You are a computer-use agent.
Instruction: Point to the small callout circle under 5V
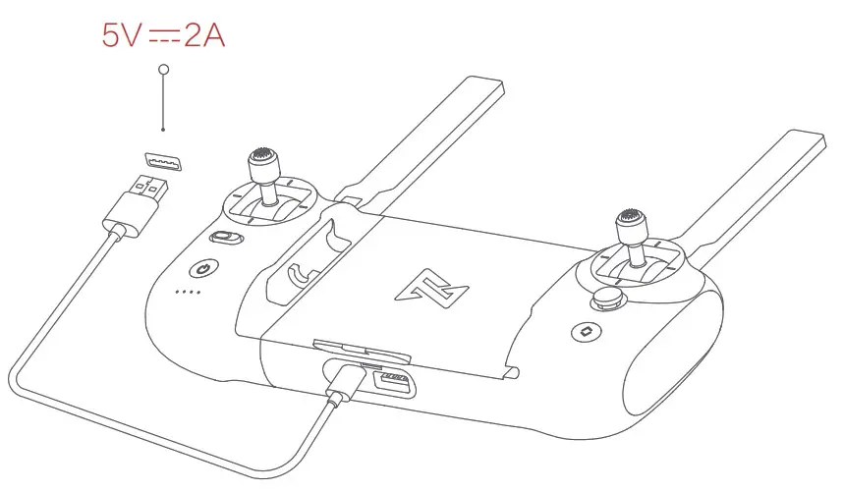tap(163, 71)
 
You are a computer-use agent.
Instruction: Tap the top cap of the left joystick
tap(262, 157)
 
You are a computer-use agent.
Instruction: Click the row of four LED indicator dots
tap(187, 292)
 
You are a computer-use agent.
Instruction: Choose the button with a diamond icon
tap(586, 332)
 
